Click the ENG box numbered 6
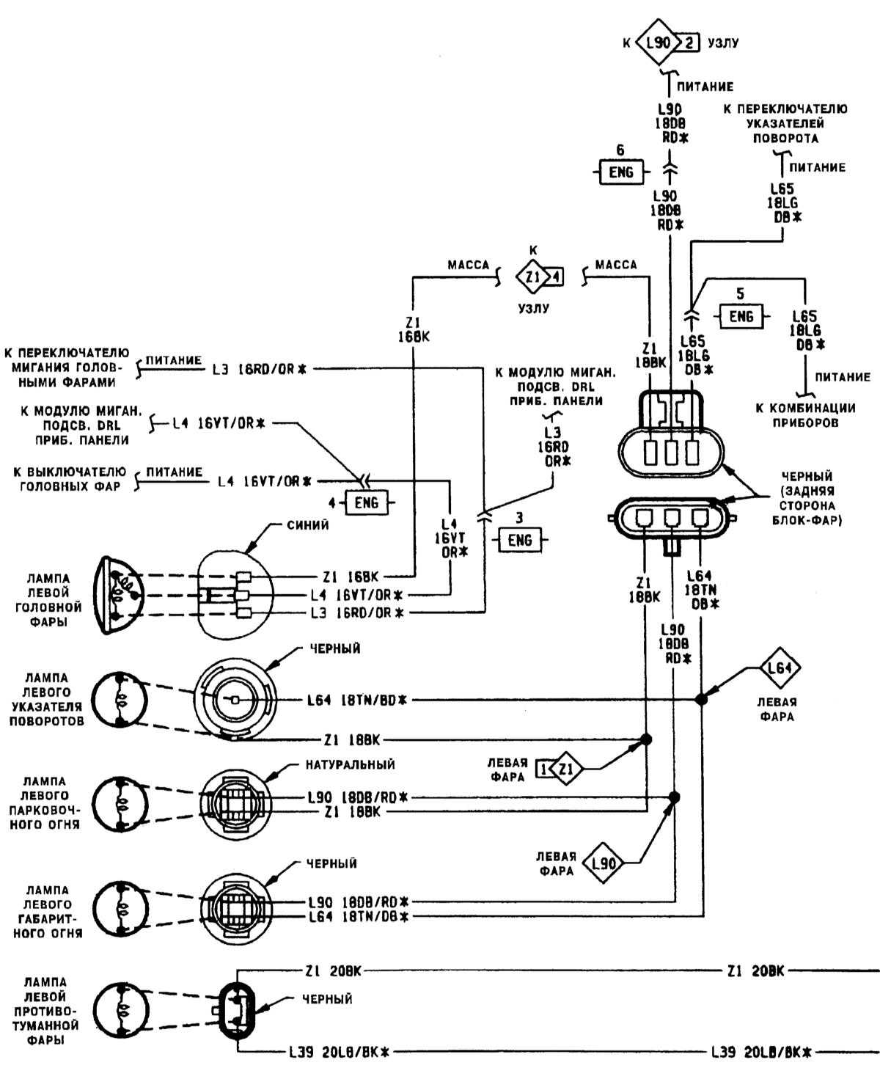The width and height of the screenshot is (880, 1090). (x=620, y=172)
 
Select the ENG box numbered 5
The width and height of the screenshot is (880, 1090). (x=741, y=317)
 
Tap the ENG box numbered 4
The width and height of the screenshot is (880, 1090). (x=366, y=502)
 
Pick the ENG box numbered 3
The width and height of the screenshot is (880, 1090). (x=519, y=541)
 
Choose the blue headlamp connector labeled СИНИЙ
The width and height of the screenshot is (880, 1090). (x=235, y=593)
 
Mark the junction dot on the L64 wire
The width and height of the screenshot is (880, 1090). (x=702, y=699)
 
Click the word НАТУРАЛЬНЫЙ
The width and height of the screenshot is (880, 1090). (x=350, y=765)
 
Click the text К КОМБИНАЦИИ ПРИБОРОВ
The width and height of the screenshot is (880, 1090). (x=805, y=415)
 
